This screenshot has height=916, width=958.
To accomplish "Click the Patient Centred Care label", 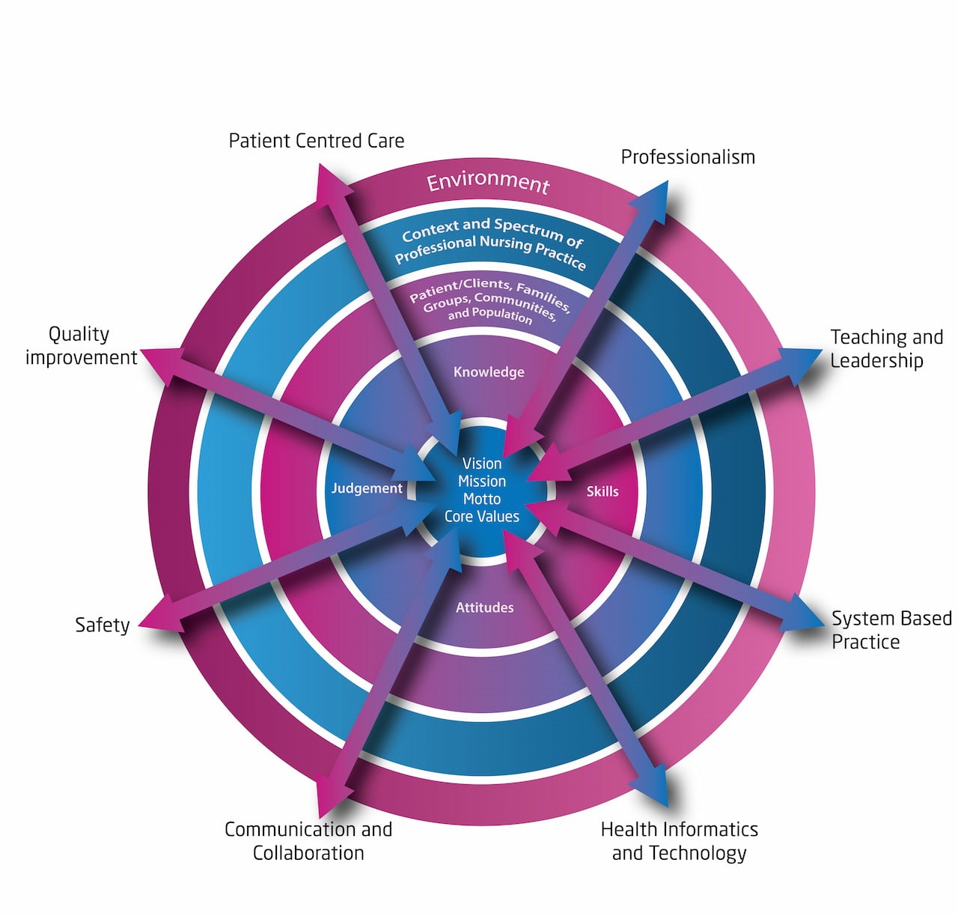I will coord(316,141).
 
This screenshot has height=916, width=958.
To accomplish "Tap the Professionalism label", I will coord(688,157).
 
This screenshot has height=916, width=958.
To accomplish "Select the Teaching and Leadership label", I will coord(886,349).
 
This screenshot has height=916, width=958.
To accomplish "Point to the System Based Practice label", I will coord(891,630).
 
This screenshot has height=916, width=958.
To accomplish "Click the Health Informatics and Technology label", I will coord(679,841).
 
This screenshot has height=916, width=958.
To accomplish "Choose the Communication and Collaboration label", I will coord(308,841).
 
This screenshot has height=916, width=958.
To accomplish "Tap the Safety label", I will coord(103,625).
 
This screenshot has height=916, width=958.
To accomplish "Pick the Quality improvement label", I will coord(81,345).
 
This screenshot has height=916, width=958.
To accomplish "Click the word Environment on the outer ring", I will coord(488,181).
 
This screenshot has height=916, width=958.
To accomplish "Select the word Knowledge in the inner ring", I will coord(489,372).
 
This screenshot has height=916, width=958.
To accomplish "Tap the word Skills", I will coord(602,491).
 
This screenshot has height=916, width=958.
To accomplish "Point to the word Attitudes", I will coord(485,607).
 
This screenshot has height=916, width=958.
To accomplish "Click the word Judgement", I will coord(367,488).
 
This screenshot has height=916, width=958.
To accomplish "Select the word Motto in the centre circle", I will coord(482,499).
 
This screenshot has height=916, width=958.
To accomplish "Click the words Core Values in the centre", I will coord(482,517).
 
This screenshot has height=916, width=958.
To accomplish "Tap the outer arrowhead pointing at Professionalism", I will coord(653,198).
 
